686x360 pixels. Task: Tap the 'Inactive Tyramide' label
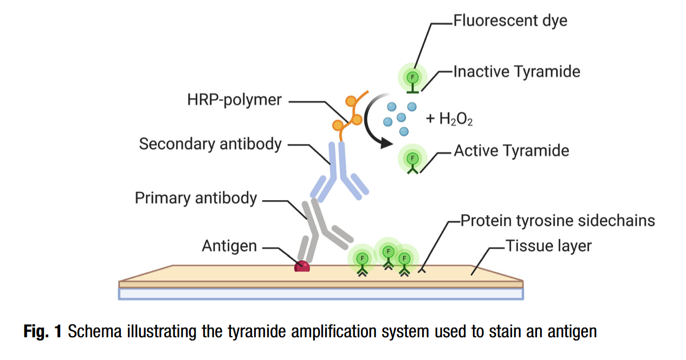[x=516, y=72]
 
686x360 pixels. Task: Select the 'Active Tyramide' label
[x=511, y=151]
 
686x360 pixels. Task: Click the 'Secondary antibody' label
[x=210, y=144]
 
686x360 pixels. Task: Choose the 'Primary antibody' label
[x=196, y=198]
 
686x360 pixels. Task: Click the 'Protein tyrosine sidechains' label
[x=557, y=221]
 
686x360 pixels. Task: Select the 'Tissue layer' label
[x=548, y=246]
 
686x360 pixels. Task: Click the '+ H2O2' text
[x=449, y=119]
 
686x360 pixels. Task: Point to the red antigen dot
[x=302, y=266]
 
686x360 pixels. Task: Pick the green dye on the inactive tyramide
[x=412, y=77]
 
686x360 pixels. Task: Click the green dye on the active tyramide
[x=412, y=158]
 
